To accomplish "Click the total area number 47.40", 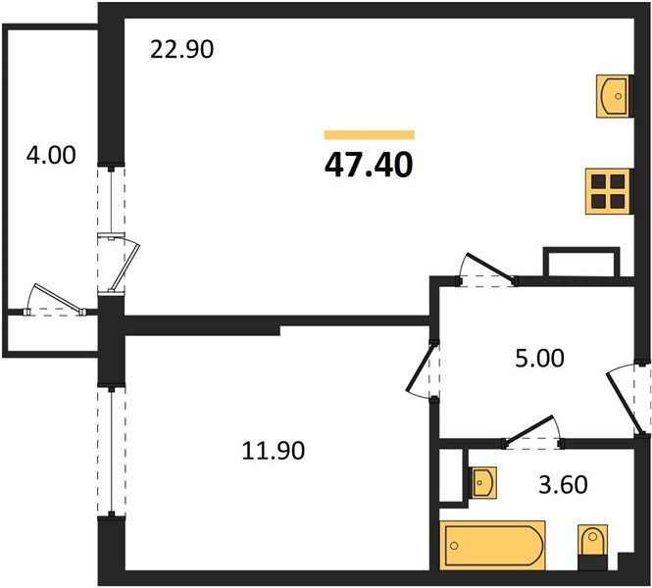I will pos(369,165).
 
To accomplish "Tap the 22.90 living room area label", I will pos(180,48).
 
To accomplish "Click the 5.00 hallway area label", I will pos(539,359).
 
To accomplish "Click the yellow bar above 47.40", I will pos(369,134).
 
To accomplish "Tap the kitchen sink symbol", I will pos(615,94).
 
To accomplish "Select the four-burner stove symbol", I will pos(607,192).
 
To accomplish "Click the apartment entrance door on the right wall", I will pos(627,398).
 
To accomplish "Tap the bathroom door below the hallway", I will pos(530,431).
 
